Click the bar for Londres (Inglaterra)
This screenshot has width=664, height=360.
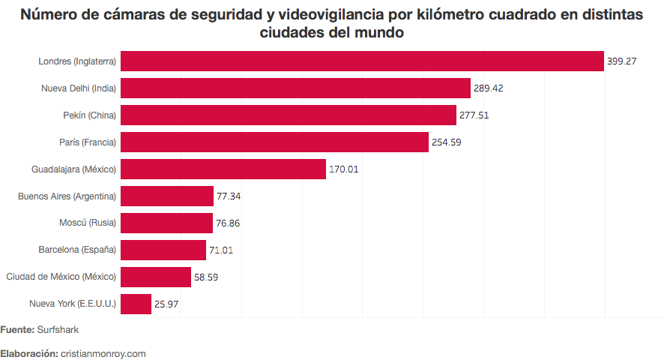pyautogui.click(x=362, y=61)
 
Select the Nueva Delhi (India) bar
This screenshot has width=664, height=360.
pyautogui.click(x=295, y=88)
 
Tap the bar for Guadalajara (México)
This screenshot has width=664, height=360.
pyautogui.click(x=223, y=169)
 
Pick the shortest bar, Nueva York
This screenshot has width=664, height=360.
pyautogui.click(x=136, y=304)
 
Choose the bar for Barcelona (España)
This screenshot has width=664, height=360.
pyautogui.click(x=163, y=250)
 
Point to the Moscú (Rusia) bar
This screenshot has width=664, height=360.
pyautogui.click(x=166, y=223)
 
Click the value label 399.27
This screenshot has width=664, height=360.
pyautogui.click(x=622, y=61)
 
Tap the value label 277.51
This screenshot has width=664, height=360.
pyautogui.click(x=474, y=115)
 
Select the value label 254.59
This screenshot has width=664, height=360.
pyautogui.click(x=447, y=142)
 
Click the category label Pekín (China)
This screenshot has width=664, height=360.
pyautogui.click(x=90, y=115)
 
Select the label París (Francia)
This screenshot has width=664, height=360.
pyautogui.click(x=88, y=142)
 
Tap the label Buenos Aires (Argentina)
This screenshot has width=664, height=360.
pyautogui.click(x=67, y=196)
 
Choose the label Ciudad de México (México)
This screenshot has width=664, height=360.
pyautogui.click(x=61, y=277)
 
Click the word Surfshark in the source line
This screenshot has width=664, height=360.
pyautogui.click(x=58, y=329)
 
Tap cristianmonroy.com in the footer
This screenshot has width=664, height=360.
pyautogui.click(x=103, y=353)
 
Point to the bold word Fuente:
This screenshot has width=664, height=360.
pyautogui.click(x=17, y=329)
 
